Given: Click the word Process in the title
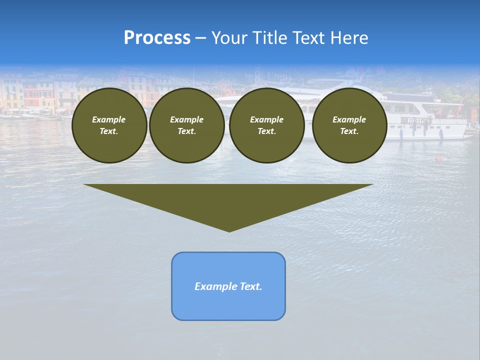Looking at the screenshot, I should tap(157, 38).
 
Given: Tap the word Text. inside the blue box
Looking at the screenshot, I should tap(251, 286).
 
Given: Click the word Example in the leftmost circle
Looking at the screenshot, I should tap(109, 119).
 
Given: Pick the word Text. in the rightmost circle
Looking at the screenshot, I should tap(349, 131).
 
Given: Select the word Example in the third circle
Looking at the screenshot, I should tap(266, 119).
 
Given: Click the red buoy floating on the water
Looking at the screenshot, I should tap(438, 159).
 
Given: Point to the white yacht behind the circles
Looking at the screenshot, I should tap(430, 120).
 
